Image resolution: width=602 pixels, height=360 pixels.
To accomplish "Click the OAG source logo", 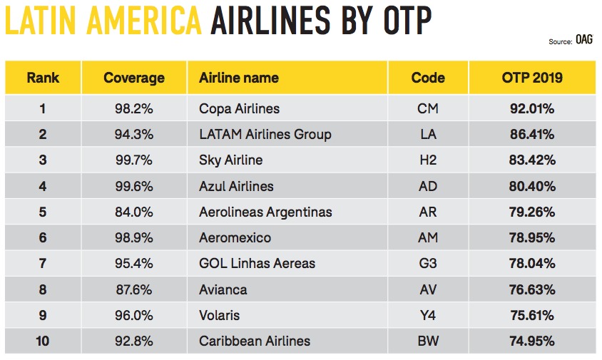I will coord(583,42).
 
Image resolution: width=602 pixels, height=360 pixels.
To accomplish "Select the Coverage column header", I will coord(134,78).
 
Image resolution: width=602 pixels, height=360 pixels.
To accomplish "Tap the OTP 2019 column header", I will coord(532,78).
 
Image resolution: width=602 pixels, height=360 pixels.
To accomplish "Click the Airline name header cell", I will coord(239,78).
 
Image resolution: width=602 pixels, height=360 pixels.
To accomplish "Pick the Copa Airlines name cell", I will coord(239,109).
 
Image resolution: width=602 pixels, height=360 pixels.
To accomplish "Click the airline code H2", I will coord(428,160).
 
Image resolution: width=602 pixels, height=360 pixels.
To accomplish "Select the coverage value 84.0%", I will coord(134,212).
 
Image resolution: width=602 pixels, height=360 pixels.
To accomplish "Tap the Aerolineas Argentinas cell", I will coord(265,212).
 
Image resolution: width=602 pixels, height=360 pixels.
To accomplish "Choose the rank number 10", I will coord(43,341).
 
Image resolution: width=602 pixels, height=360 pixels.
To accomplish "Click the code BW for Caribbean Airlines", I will coord(428,341).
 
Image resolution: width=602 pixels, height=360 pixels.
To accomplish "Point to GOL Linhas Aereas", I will coord(257,264).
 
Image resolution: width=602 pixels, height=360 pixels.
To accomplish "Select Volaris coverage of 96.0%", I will coord(134,315).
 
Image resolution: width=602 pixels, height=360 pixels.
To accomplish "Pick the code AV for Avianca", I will coord(428,289).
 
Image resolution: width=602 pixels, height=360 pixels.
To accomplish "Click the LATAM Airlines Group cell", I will coord(265,135).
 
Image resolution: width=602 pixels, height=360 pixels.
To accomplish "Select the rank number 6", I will coord(43,238).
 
